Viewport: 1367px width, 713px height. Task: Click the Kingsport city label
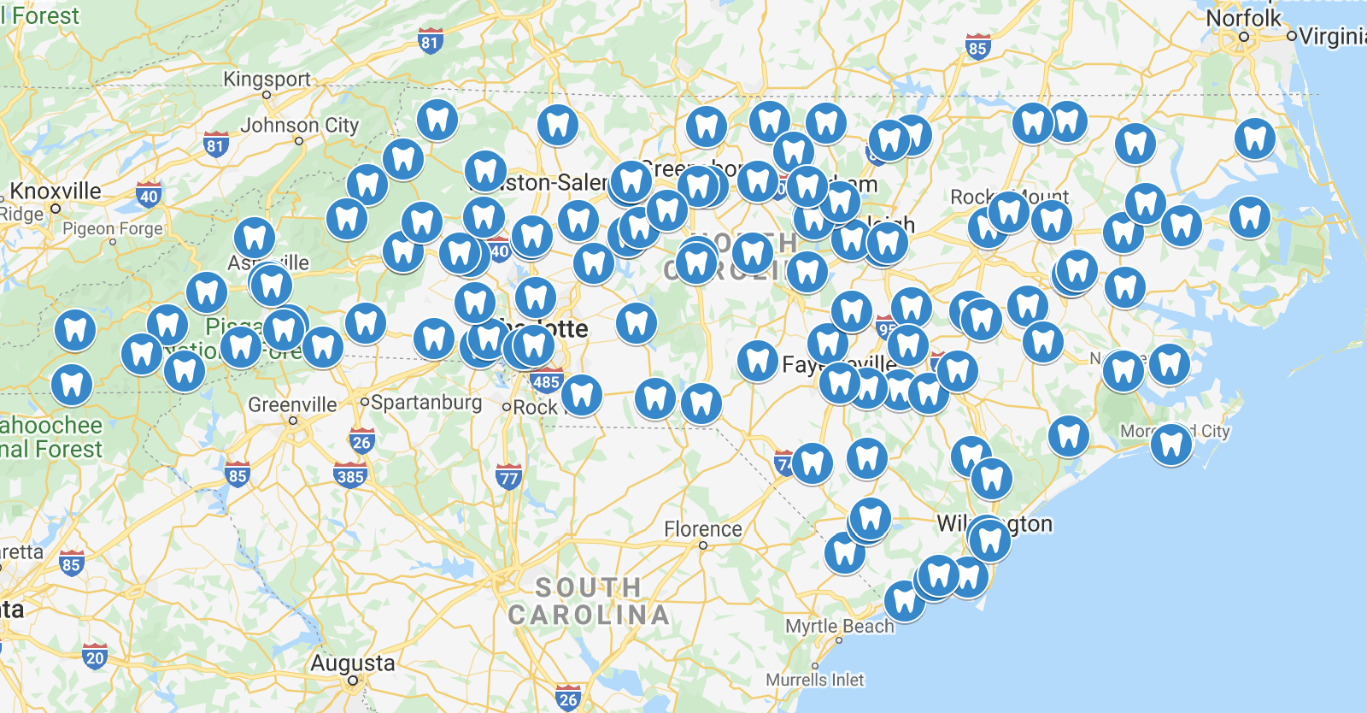[x=267, y=80]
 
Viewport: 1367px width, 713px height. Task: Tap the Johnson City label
[x=299, y=126]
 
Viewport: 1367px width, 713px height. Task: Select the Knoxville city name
[x=56, y=192]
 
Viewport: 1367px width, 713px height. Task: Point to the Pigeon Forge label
[x=112, y=229]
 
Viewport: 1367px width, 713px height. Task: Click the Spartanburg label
[x=426, y=402]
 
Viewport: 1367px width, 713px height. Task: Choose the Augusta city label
[x=352, y=663]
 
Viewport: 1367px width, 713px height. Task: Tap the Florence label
[x=703, y=529]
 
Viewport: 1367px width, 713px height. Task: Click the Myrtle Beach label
[x=839, y=627]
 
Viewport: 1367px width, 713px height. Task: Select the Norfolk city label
[x=1243, y=19]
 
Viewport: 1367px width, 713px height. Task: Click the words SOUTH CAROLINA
[x=589, y=601]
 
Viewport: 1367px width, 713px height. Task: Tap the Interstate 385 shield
[x=350, y=476]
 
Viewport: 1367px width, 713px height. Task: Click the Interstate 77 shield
[x=508, y=478]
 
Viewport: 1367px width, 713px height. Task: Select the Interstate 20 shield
[x=95, y=657]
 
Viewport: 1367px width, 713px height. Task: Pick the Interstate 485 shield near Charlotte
[x=546, y=381]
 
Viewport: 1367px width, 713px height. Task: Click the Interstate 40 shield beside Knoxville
[x=149, y=196]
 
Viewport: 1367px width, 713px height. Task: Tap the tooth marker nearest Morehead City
[x=1170, y=443]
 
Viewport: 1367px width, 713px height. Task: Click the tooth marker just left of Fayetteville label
[x=757, y=360]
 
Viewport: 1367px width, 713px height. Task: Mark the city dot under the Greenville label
[x=293, y=421]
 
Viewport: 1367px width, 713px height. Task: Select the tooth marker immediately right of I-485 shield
[x=581, y=394]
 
